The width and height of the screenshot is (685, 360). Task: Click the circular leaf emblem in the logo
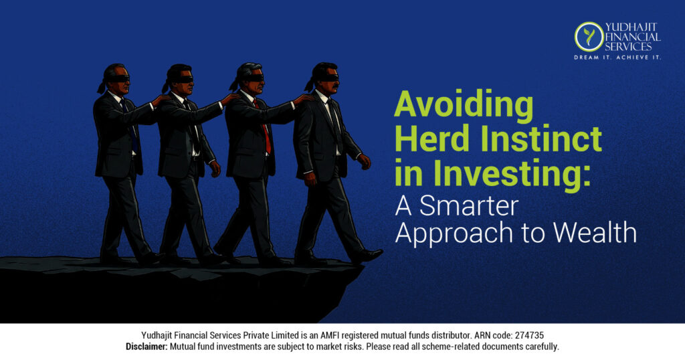(x=589, y=36)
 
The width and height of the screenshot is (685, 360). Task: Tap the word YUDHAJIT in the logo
(x=632, y=27)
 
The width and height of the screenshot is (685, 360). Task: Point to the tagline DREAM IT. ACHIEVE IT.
(x=617, y=58)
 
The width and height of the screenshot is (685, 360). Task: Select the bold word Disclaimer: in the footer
(x=146, y=347)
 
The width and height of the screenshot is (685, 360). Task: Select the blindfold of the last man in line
(x=118, y=78)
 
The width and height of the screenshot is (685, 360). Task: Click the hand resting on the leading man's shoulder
(x=303, y=98)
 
